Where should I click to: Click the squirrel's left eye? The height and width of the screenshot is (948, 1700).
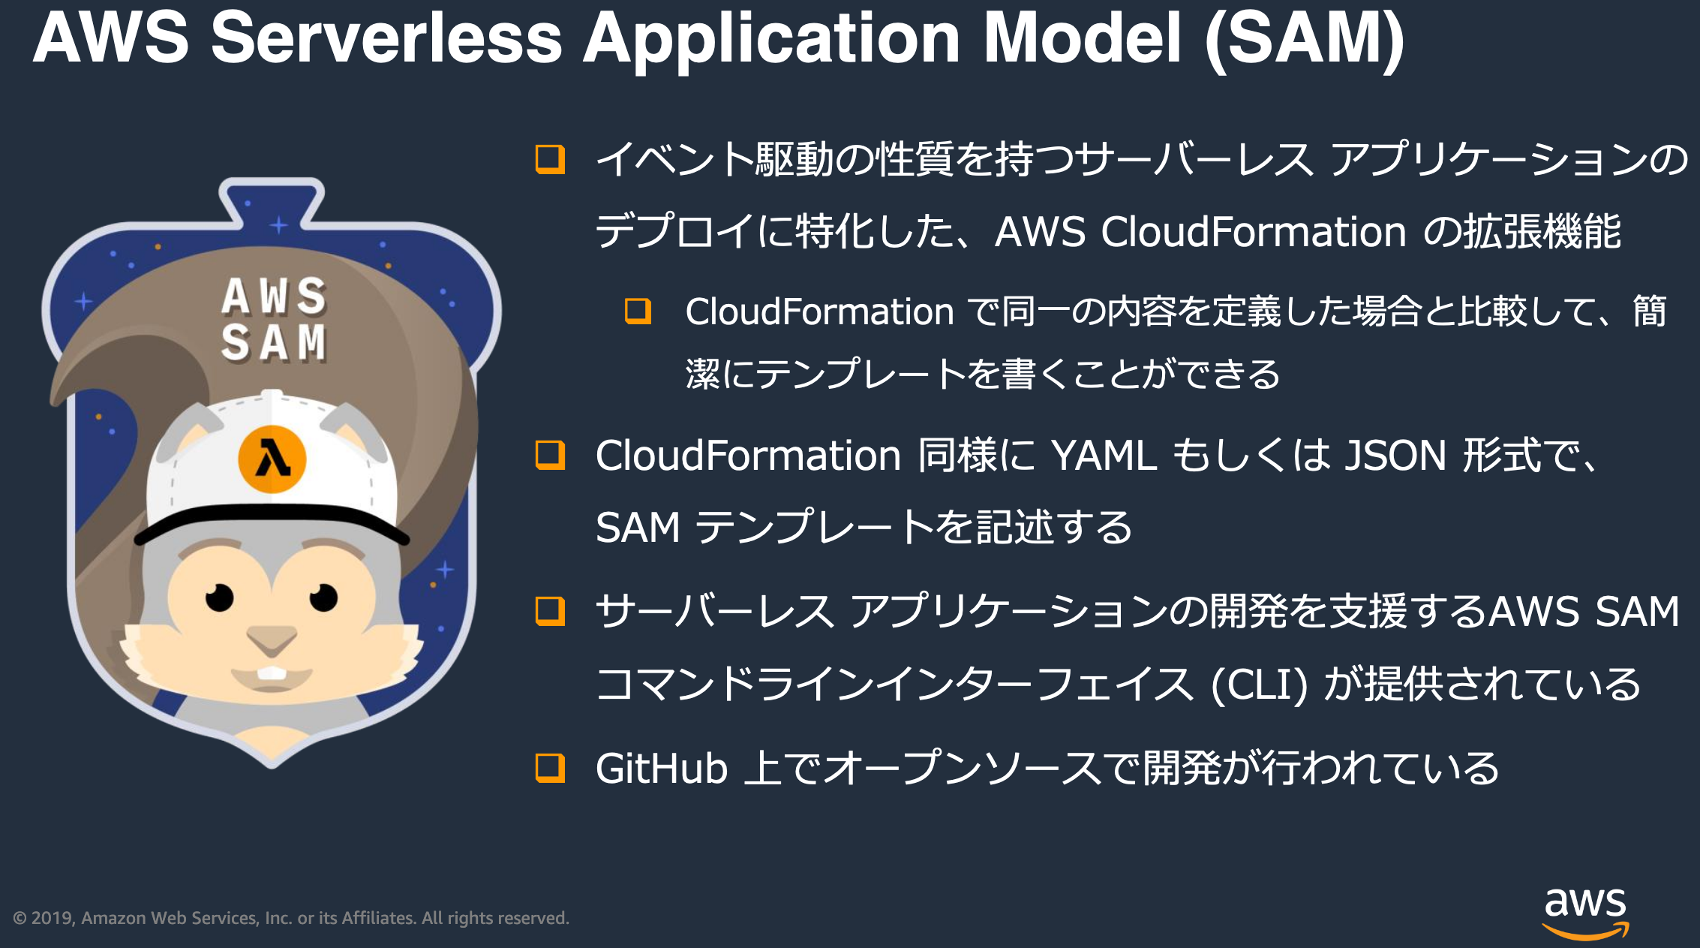[220, 598]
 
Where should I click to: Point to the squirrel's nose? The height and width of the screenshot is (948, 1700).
[272, 640]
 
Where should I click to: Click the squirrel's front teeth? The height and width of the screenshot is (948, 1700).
[272, 673]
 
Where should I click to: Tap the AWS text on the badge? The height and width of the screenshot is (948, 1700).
[274, 296]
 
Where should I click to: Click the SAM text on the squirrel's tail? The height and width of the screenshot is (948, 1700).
[274, 342]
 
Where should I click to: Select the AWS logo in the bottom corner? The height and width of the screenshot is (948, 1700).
[1585, 911]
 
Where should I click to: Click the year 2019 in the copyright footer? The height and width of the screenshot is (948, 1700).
[52, 918]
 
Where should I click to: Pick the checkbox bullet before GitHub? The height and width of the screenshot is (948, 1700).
[550, 768]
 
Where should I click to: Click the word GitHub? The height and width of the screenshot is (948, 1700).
[662, 769]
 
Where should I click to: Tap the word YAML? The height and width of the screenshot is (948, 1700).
[1104, 456]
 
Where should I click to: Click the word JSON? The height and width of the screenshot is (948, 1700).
[1395, 456]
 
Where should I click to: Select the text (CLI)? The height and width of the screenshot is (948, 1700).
[1260, 685]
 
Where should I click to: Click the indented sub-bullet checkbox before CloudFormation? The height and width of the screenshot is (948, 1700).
[638, 311]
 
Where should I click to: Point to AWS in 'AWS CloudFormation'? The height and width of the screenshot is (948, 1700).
[1040, 231]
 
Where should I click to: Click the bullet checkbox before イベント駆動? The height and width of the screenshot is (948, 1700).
[550, 159]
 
